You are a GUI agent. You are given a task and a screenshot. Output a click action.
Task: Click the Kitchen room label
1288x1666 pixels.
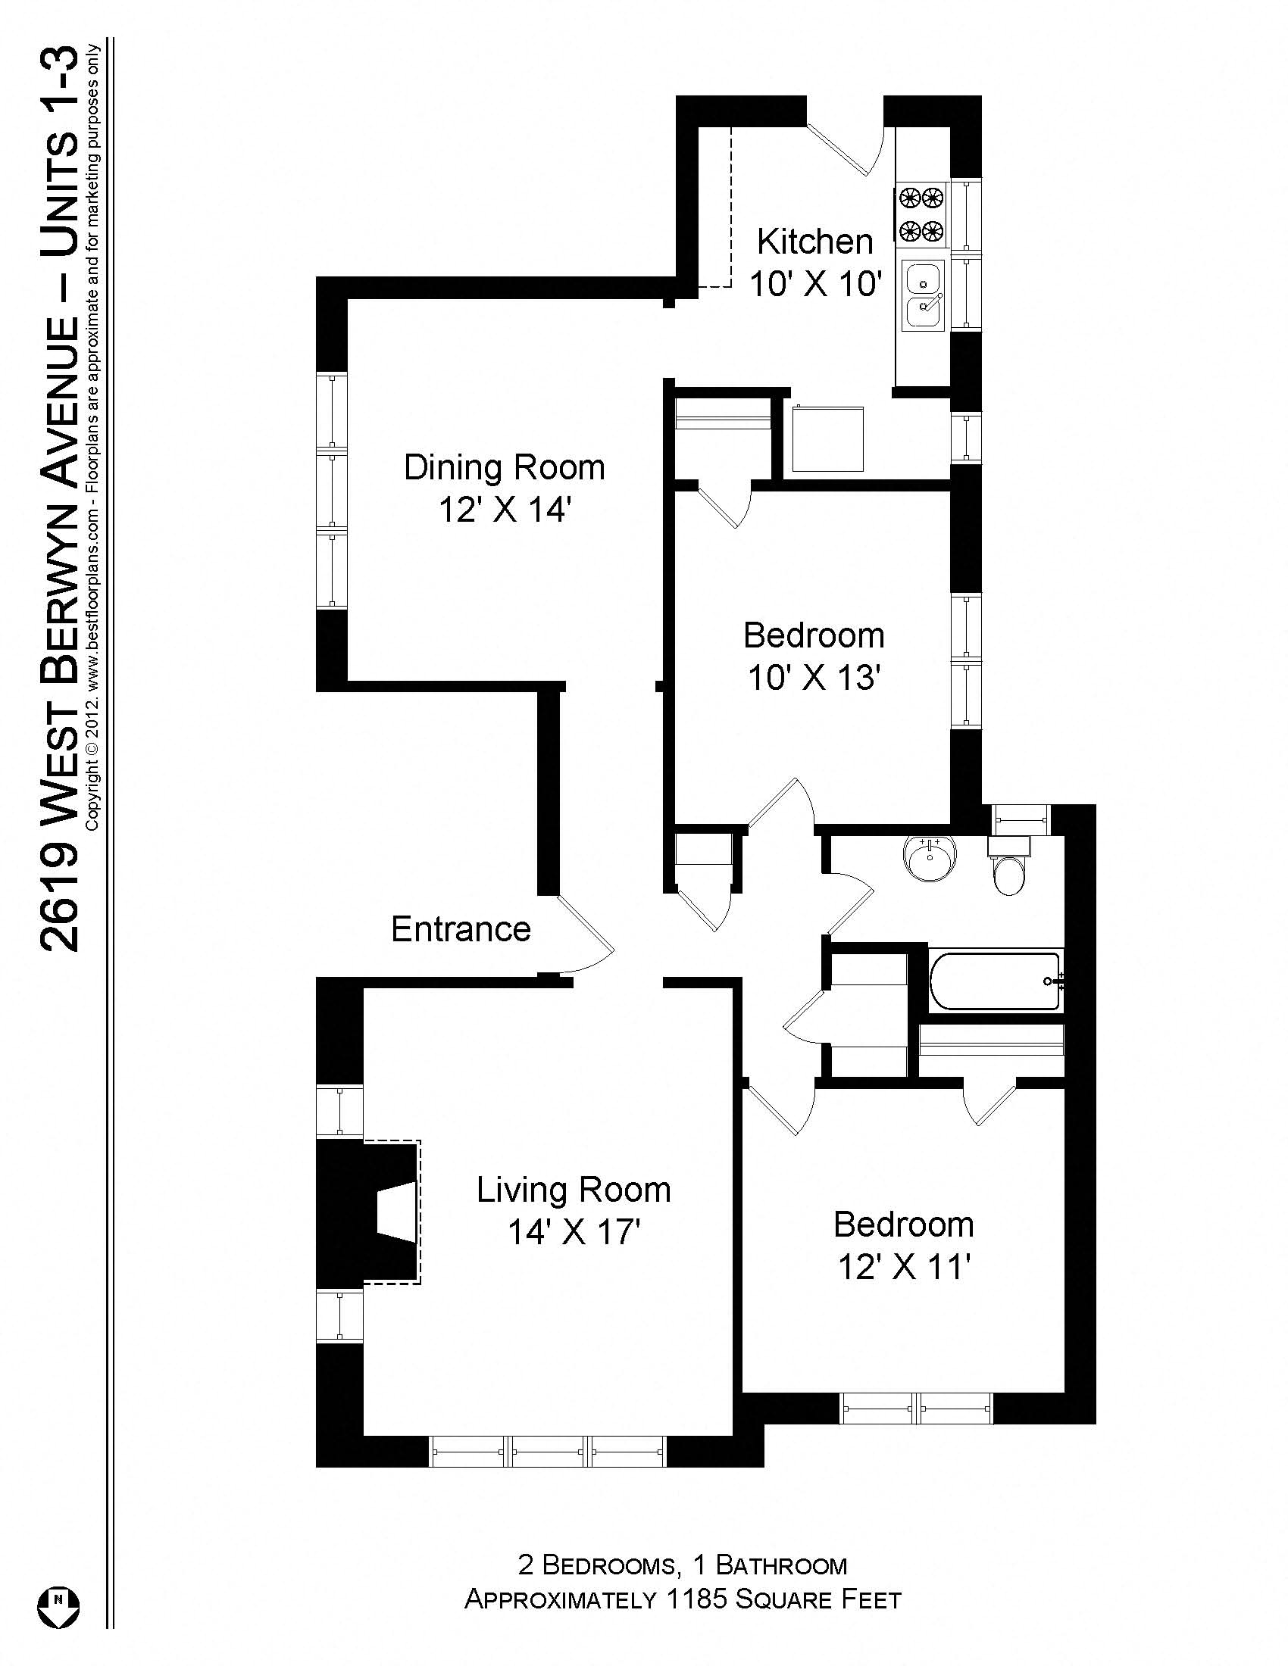814,242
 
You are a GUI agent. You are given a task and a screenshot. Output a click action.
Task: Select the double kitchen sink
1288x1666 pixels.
924,295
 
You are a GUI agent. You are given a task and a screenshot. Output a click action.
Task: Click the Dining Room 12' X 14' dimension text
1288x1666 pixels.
505,510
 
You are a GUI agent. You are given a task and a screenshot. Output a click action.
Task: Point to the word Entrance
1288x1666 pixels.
461,929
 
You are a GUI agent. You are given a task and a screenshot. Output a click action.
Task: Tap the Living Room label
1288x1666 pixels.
573,1190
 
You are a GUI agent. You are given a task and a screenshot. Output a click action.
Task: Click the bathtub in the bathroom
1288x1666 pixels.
995,981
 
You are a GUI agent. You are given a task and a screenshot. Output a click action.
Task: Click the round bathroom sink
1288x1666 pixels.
930,858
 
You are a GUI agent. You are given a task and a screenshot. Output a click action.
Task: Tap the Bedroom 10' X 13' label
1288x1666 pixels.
814,635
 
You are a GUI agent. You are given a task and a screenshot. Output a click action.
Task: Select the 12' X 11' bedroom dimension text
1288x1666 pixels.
903,1268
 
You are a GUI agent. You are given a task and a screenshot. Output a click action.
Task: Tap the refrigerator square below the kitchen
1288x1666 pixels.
828,439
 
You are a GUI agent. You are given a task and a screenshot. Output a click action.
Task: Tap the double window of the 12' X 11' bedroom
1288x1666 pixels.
916,1409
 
